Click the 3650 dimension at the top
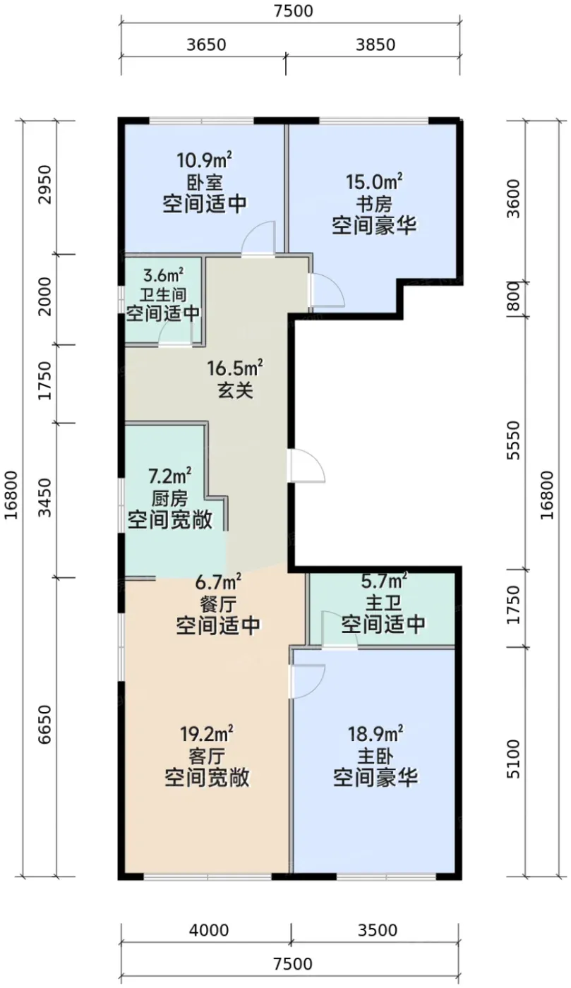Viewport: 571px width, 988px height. click(206, 44)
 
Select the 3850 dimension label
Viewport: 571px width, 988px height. click(375, 44)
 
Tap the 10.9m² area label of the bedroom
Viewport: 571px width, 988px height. click(204, 159)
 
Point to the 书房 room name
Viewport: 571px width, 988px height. click(374, 204)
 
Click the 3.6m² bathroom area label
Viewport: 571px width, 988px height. click(163, 276)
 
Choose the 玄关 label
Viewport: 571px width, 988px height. click(235, 390)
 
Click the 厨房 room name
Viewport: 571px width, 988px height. click(169, 499)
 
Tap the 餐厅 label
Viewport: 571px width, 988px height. click(218, 604)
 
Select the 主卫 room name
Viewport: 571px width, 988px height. click(383, 603)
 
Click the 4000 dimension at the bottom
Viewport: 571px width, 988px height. click(209, 930)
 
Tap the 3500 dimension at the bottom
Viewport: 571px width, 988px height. click(378, 930)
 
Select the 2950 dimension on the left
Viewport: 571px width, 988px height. click(44, 185)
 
